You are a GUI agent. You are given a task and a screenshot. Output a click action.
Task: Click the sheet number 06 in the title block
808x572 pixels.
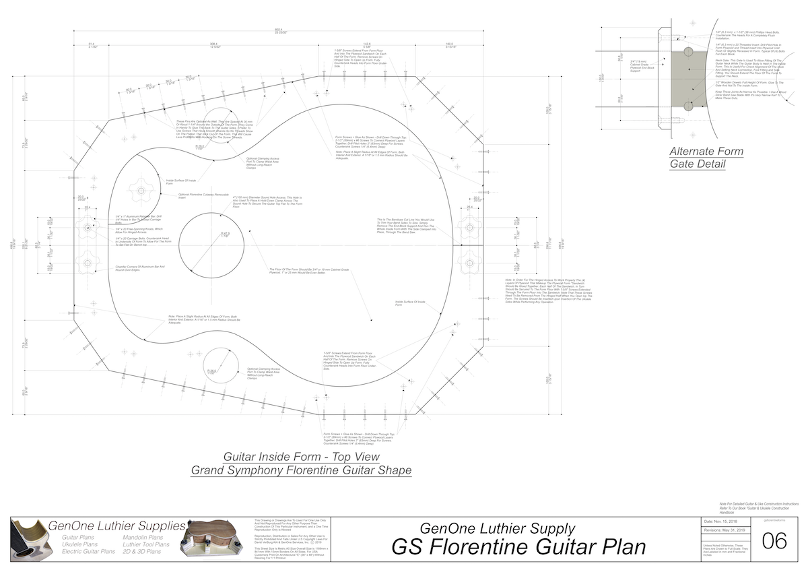click(x=778, y=541)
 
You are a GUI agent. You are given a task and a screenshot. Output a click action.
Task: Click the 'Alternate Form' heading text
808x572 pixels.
click(x=706, y=151)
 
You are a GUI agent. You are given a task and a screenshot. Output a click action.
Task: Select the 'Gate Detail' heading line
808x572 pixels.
click(x=698, y=164)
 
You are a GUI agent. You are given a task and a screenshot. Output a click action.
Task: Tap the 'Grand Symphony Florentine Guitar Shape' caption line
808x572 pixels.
click(x=301, y=470)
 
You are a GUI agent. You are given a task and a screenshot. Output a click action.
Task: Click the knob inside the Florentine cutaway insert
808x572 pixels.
click(x=141, y=191)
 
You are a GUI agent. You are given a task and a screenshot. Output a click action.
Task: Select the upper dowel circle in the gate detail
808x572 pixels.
click(x=687, y=51)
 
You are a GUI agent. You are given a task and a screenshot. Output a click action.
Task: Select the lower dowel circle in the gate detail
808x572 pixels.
click(x=687, y=106)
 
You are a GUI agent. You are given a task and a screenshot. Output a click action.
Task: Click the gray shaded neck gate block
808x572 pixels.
click(x=687, y=79)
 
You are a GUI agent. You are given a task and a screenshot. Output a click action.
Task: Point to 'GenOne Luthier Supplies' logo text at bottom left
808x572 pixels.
click(x=118, y=526)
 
